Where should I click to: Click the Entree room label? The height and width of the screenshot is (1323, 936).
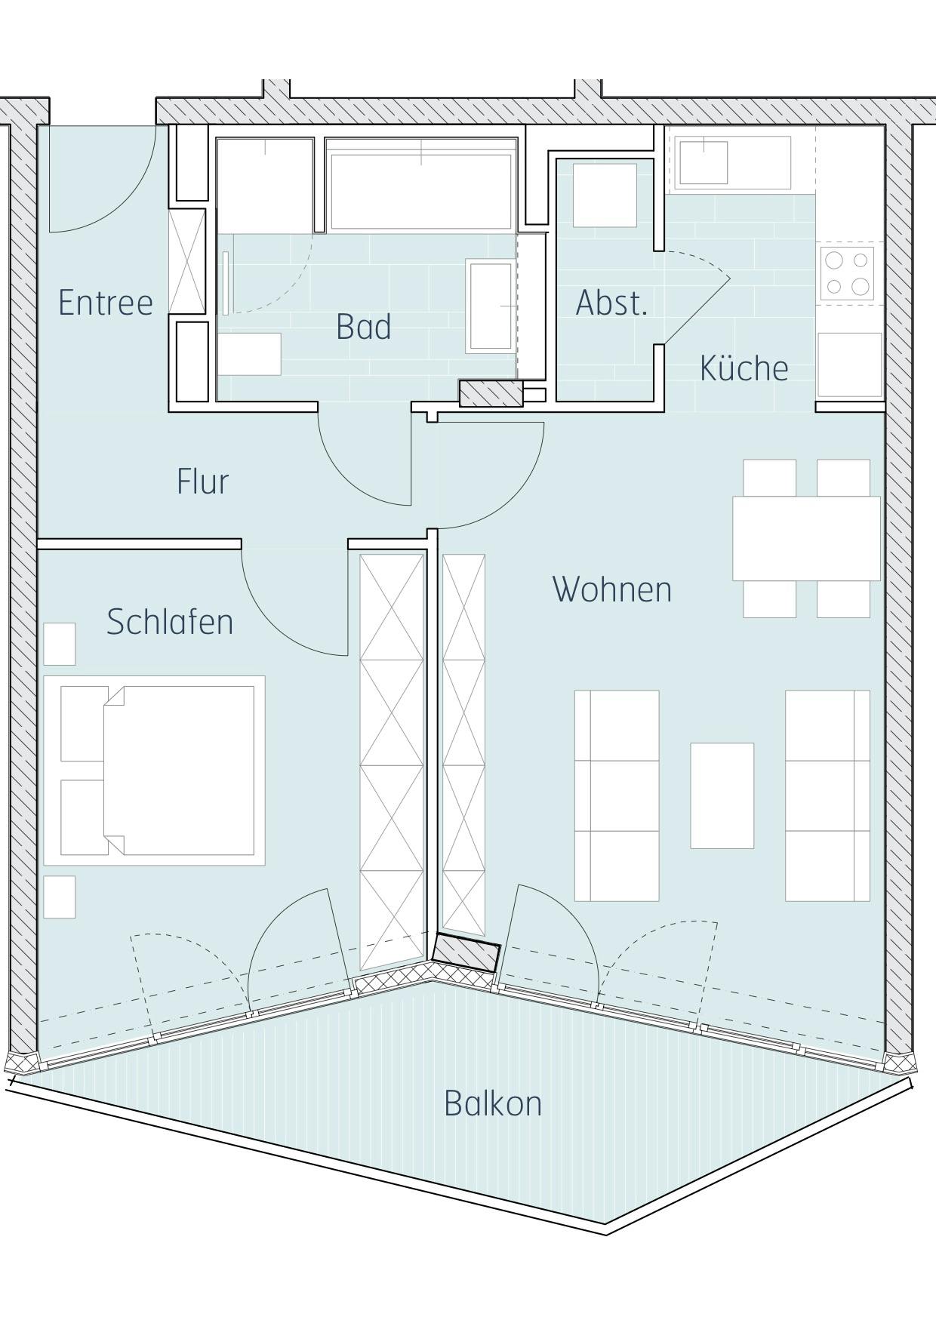(106, 303)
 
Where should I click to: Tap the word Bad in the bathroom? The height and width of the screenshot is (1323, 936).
(364, 327)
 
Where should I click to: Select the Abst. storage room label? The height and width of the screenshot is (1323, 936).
(611, 303)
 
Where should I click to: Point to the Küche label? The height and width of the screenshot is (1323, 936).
(744, 368)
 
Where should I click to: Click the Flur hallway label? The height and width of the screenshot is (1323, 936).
(202, 482)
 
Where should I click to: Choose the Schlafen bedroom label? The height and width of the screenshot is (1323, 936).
(170, 622)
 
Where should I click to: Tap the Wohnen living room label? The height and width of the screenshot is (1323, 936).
(612, 589)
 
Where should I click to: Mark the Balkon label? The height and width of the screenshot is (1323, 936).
(493, 1103)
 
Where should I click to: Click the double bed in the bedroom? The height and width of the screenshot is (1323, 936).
(155, 771)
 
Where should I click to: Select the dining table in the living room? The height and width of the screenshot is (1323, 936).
(806, 538)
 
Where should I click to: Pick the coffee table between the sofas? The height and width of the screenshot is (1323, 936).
(722, 795)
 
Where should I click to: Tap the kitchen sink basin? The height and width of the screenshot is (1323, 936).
(704, 163)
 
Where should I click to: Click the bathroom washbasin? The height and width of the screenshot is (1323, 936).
(491, 306)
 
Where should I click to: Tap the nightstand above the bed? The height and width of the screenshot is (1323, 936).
(60, 644)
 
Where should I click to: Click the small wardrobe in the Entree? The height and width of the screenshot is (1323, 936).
(187, 261)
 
